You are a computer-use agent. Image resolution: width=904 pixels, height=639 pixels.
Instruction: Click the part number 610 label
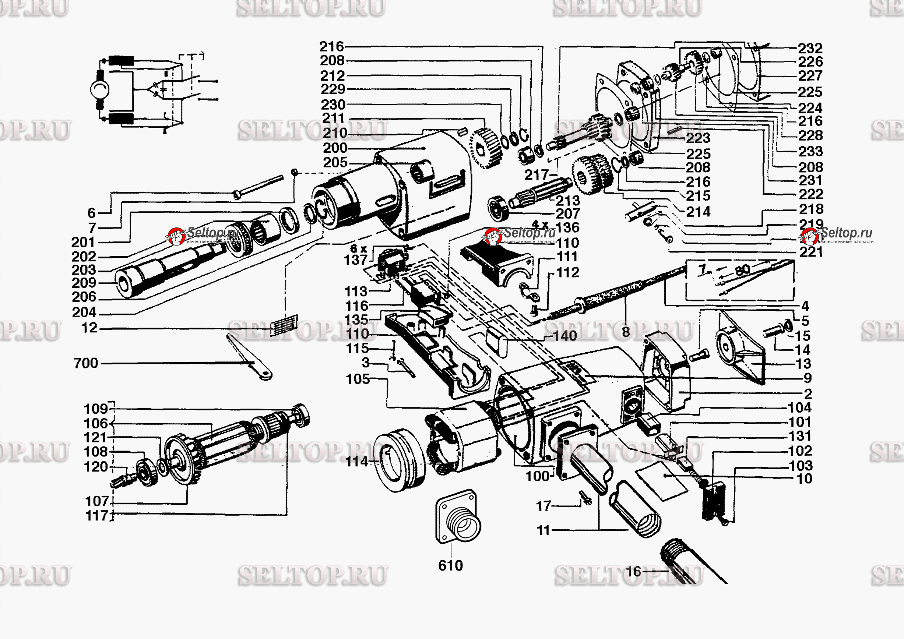click(450, 565)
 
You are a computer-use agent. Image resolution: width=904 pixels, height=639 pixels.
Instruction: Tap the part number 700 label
click(86, 363)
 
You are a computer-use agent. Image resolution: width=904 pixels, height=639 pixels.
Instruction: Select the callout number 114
click(357, 461)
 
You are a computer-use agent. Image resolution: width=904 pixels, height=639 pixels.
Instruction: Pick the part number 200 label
click(335, 148)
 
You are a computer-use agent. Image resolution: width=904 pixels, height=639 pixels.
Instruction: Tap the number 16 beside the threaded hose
click(633, 571)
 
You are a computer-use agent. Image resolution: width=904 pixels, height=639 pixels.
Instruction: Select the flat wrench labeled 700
click(249, 357)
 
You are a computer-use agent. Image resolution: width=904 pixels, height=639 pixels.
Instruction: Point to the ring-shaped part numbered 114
click(398, 460)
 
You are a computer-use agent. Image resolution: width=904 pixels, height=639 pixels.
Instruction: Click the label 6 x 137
click(356, 255)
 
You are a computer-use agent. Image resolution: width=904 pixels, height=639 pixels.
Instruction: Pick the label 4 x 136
click(555, 226)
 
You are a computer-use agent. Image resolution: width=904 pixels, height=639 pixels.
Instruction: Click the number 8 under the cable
click(626, 332)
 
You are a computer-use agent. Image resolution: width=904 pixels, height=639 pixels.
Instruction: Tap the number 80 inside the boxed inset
click(742, 270)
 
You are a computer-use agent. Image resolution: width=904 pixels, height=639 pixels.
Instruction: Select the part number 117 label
click(96, 515)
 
